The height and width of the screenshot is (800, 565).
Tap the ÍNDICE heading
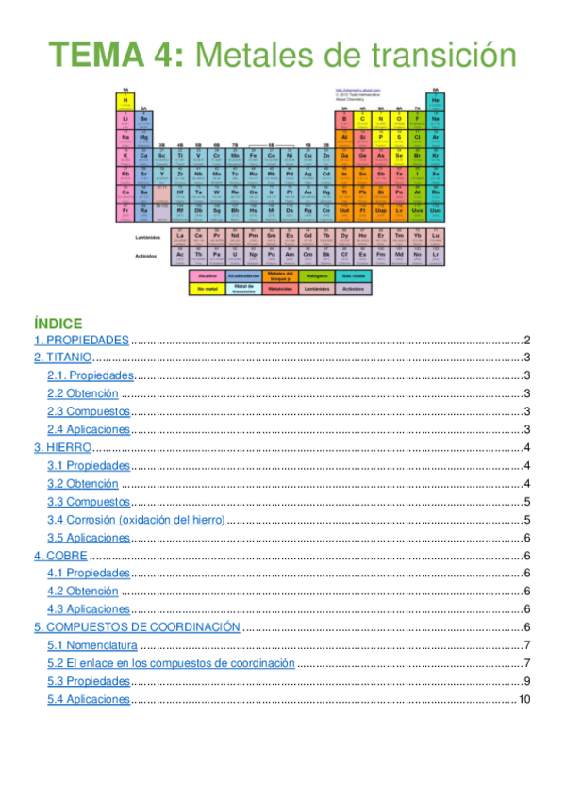click(x=58, y=323)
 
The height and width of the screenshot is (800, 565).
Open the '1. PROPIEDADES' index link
click(x=81, y=341)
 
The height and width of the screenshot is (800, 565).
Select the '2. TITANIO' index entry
click(x=63, y=358)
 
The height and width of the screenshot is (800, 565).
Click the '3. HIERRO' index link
click(x=63, y=447)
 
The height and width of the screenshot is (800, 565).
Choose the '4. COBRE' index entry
click(x=61, y=556)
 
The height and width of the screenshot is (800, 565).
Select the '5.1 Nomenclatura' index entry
click(x=92, y=645)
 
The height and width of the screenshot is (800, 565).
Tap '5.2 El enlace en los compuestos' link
click(x=171, y=663)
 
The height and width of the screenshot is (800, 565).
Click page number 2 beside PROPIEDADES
click(x=528, y=341)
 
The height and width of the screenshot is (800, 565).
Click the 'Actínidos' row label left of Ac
click(x=146, y=255)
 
